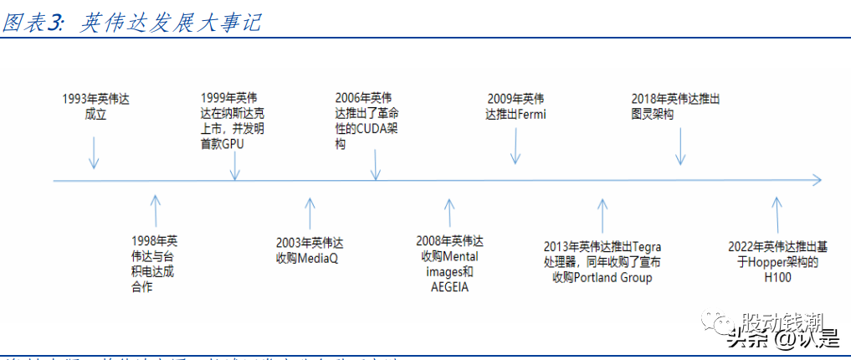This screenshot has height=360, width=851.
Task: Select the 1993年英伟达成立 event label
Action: [x=95, y=106]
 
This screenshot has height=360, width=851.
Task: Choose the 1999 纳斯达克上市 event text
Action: [x=236, y=121]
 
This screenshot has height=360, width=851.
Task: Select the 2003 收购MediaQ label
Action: [x=310, y=250]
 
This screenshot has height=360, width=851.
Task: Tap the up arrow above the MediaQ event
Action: [x=310, y=214]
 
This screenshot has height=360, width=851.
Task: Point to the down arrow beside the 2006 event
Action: [x=376, y=164]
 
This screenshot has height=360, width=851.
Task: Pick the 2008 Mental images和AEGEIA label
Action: [x=449, y=263]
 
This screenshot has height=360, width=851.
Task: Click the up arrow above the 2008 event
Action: [x=449, y=215]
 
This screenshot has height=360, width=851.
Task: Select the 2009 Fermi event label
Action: [x=515, y=106]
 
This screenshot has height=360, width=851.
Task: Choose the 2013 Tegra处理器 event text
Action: [x=602, y=261]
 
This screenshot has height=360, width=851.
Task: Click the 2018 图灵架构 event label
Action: [x=675, y=106]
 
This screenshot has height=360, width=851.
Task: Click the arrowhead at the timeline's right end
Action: [x=815, y=179]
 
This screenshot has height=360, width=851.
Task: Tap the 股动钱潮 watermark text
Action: [x=782, y=321]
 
